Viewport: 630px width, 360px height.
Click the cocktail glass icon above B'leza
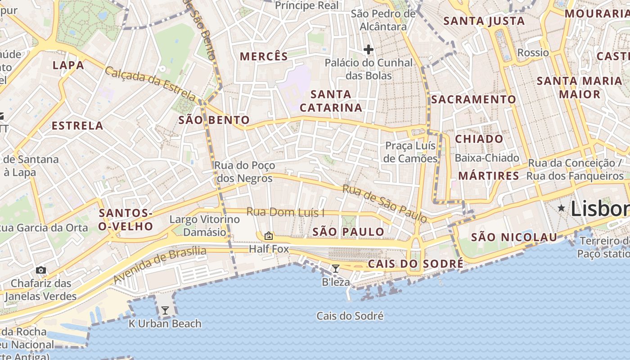tap(335, 269)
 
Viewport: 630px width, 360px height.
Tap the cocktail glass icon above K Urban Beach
tap(165, 310)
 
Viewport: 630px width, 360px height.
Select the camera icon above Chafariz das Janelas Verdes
tap(41, 270)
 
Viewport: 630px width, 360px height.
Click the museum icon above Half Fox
tap(269, 235)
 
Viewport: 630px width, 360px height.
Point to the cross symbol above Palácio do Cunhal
tap(369, 49)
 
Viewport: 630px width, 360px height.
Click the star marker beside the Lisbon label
tap(561, 208)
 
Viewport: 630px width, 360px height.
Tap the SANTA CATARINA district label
tap(331, 101)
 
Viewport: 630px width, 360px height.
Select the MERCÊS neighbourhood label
tap(264, 56)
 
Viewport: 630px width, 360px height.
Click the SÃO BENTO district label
tap(214, 120)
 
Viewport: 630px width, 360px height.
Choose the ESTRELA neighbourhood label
tap(77, 126)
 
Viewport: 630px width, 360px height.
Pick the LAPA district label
tap(68, 65)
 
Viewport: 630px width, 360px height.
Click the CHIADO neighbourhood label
tap(479, 139)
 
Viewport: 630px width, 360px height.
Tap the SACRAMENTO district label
tap(473, 99)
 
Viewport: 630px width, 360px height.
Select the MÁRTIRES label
tap(489, 175)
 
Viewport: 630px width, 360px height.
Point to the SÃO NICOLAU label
tap(514, 237)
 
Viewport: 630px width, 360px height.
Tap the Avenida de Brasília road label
tap(159, 265)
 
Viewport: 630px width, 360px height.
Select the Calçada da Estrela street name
tap(151, 84)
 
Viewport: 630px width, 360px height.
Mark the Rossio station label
tap(533, 53)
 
